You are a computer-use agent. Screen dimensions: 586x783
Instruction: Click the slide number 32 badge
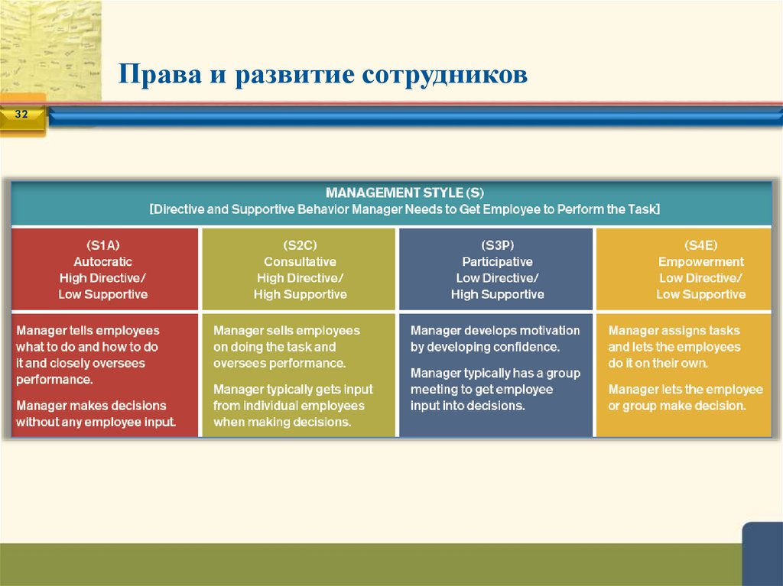coord(21,115)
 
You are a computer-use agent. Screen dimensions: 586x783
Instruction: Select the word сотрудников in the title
coord(444,75)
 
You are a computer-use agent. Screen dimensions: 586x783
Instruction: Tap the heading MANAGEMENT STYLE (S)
coord(405,192)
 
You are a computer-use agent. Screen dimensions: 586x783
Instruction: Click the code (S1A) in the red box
coord(103,245)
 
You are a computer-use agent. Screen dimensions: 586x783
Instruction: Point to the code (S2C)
coord(300,245)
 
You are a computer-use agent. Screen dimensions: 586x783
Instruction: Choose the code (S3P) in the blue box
coord(497,245)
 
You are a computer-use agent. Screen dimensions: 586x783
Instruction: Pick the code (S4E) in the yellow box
coord(700,245)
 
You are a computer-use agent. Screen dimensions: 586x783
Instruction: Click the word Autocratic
coord(103,262)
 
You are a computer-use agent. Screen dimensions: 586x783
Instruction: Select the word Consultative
coord(300,262)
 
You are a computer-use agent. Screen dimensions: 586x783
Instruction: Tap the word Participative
coord(497,262)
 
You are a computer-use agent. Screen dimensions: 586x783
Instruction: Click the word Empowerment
coord(700,262)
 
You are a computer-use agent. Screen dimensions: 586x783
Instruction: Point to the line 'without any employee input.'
coord(96,421)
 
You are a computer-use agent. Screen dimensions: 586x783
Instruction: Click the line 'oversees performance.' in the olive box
coord(279,363)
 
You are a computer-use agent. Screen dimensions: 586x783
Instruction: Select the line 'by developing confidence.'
coord(485,347)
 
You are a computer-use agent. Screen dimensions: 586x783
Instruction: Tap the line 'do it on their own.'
coord(658,363)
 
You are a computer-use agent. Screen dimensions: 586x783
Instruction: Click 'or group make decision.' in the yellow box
coord(676,406)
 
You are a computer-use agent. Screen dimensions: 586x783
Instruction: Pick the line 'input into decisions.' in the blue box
coord(467,406)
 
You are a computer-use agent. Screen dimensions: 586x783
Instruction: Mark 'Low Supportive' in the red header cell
coord(103,294)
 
